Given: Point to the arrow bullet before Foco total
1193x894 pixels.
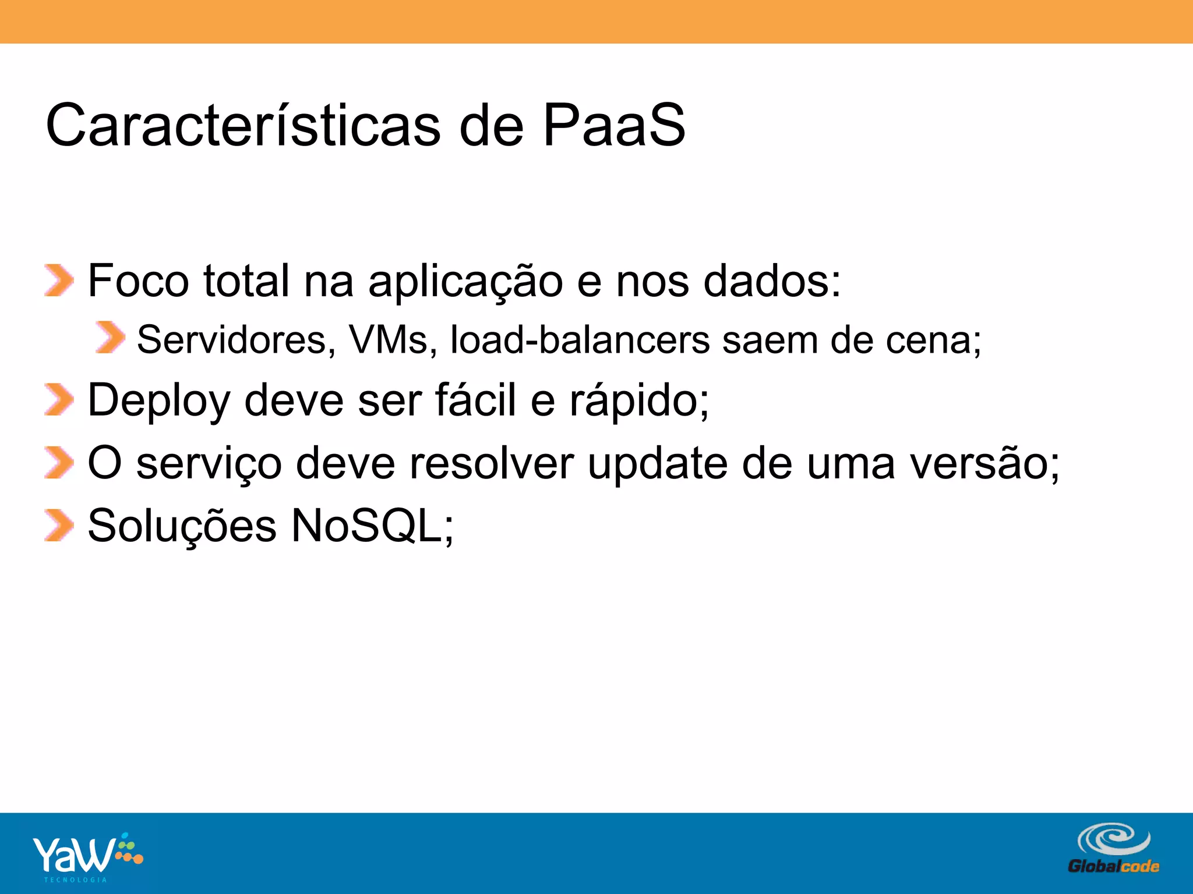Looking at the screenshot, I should point(59,281).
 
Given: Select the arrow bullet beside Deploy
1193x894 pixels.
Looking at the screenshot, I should point(59,400).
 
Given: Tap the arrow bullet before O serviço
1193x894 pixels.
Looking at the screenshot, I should point(59,463).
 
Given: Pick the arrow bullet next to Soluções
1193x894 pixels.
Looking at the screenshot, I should point(59,525).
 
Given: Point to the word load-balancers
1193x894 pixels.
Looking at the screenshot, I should point(580,339).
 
